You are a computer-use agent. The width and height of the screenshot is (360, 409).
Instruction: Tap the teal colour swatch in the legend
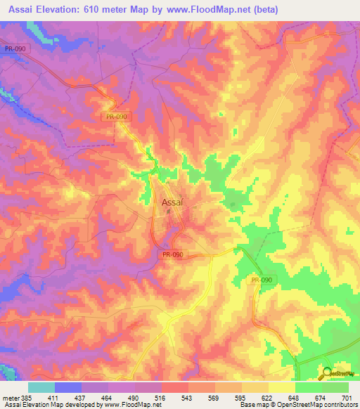click(41, 387)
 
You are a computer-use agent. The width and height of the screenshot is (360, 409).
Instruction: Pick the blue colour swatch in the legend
click(68, 387)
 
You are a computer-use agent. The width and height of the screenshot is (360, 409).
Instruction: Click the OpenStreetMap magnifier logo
click(328, 374)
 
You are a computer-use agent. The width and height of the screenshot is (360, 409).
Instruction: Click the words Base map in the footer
click(252, 405)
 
